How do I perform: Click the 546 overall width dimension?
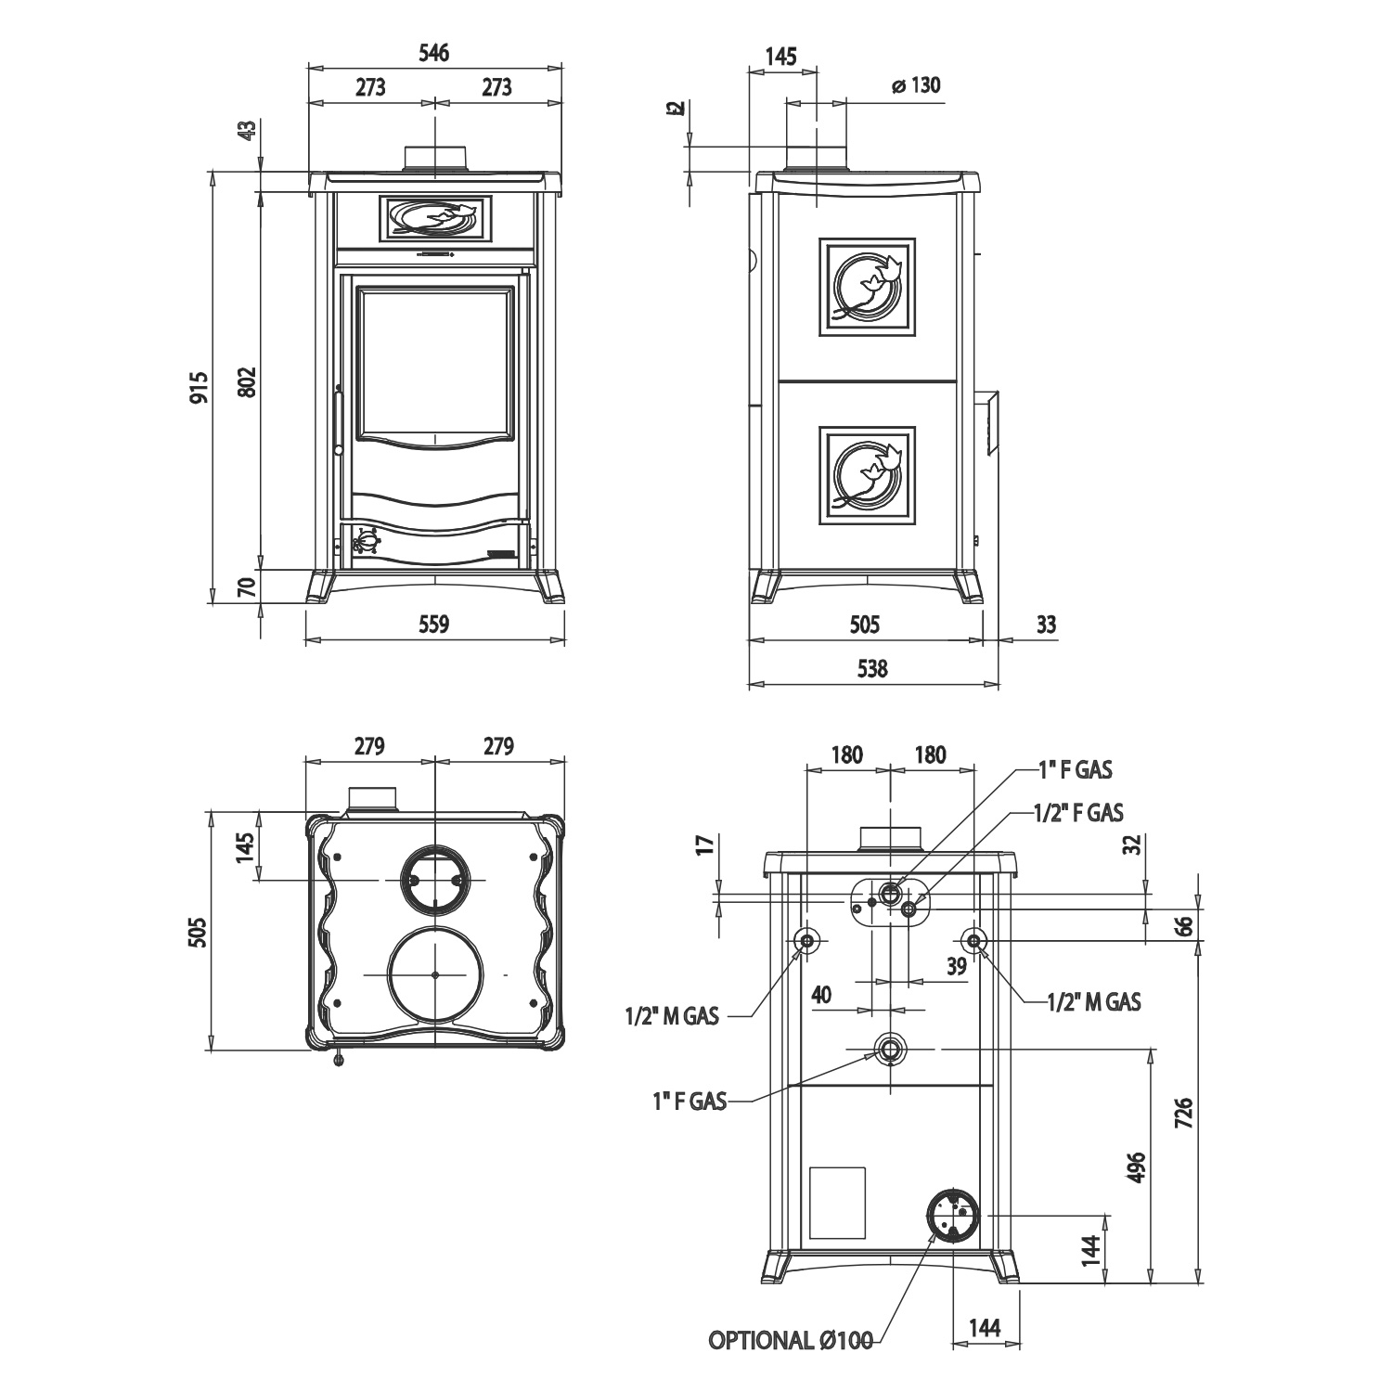coord(433,53)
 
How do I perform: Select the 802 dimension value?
coord(246,381)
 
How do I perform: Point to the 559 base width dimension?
coord(433,624)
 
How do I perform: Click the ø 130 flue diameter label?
coord(915,86)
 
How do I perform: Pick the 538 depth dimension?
coord(872,668)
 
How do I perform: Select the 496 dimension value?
coord(1139,1167)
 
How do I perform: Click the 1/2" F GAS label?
coord(1078,813)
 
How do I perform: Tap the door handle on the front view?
coord(339,422)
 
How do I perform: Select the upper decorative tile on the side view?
coord(867,286)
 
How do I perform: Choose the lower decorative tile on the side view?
coord(867,475)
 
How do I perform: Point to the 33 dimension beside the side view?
coord(1046,624)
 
